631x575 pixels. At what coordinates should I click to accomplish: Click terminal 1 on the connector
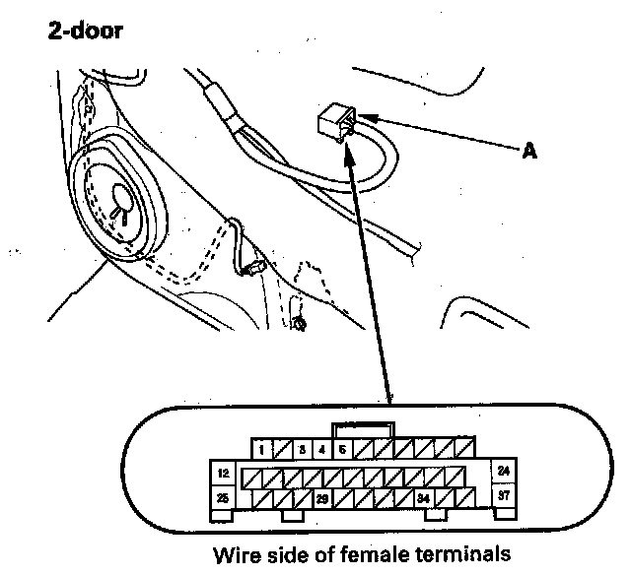point(259,451)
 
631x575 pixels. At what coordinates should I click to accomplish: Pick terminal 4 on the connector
point(321,451)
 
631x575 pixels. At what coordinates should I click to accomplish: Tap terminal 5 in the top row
point(342,451)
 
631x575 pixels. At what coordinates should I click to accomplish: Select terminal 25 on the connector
point(223,499)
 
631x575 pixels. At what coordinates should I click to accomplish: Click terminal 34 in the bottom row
point(423,500)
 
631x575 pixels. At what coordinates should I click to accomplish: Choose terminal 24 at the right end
point(503,473)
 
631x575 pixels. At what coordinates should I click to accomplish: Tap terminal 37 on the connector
point(503,496)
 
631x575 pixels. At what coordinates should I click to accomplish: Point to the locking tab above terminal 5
point(364,429)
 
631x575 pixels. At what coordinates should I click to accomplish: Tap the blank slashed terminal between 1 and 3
point(280,451)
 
